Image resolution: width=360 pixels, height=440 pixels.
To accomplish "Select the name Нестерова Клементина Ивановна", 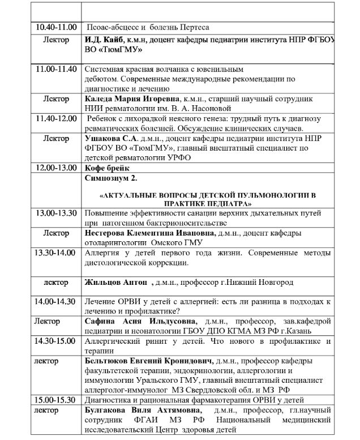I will tap(149, 233).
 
